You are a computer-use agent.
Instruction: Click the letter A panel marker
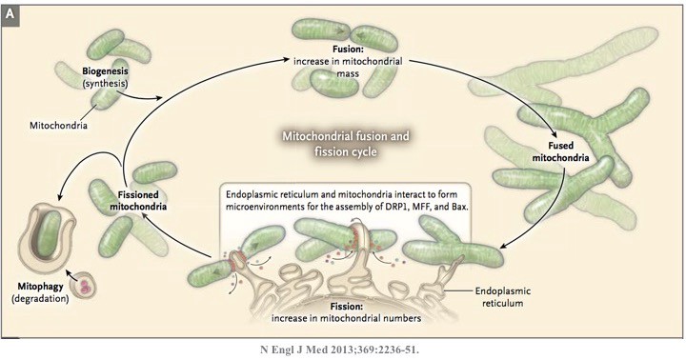10,15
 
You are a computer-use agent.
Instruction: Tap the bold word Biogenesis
105,70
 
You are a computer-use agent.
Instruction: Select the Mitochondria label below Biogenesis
58,126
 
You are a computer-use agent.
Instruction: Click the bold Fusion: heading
348,50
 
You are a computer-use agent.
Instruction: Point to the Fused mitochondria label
560,151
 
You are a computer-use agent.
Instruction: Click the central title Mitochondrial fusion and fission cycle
346,144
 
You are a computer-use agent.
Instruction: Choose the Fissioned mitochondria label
138,200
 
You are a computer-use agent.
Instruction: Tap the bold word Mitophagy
40,287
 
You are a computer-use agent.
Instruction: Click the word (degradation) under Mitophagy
40,299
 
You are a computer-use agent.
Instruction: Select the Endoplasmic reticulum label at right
503,296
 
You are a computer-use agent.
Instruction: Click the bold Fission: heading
347,307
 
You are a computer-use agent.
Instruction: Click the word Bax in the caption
459,207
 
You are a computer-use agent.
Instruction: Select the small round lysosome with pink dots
83,287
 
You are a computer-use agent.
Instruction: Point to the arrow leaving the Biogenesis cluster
138,94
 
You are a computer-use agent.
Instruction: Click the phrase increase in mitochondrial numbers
346,318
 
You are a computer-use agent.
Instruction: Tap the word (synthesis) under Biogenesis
106,83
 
